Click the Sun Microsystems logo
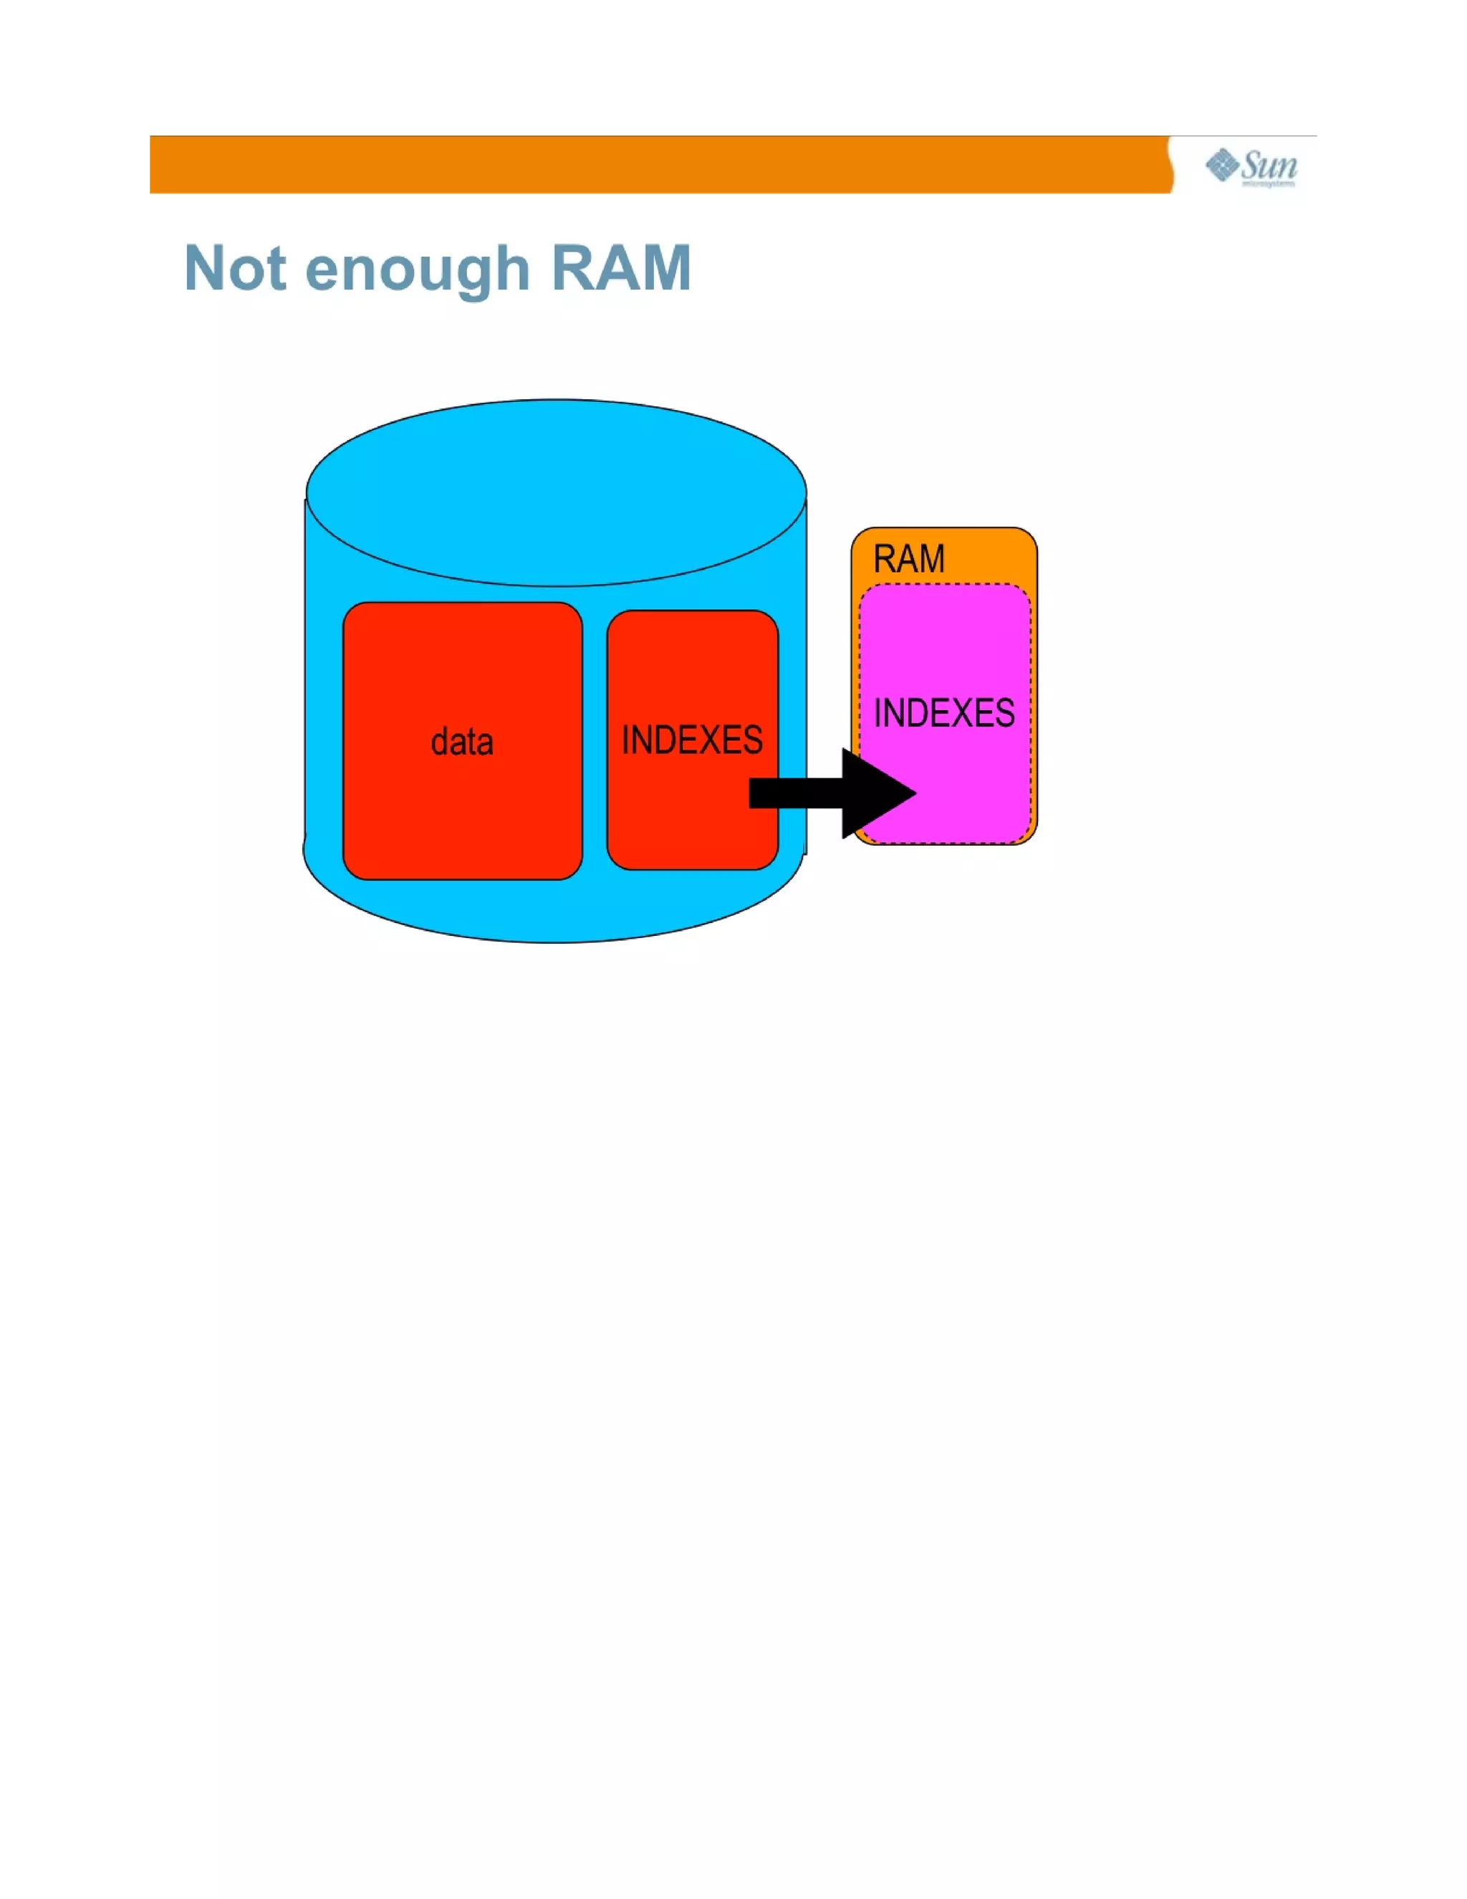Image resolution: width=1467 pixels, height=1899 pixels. (x=1251, y=166)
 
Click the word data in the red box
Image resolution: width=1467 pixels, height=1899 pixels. (x=462, y=742)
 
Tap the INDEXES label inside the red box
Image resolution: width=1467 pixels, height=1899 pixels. (x=692, y=740)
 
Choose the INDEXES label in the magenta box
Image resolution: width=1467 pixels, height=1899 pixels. (x=944, y=713)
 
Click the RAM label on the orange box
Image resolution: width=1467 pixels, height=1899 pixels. (x=908, y=559)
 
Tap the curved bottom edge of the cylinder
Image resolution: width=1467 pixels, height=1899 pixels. (x=556, y=941)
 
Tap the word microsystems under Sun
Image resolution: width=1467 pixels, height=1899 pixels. (x=1268, y=184)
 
